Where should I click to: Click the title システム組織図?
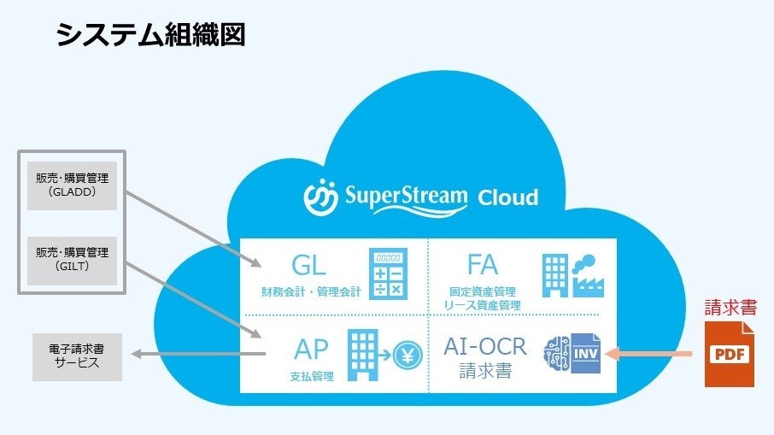tap(150, 35)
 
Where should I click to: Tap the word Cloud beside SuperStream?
tap(508, 197)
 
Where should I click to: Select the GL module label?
tap(308, 265)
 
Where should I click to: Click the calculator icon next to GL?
tap(388, 273)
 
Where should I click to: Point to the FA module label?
tap(483, 264)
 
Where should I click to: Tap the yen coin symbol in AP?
tap(407, 352)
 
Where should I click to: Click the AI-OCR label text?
tap(485, 346)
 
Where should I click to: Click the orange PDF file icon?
tap(730, 354)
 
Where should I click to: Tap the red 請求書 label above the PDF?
tap(730, 308)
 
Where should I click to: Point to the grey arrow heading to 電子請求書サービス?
tap(192, 353)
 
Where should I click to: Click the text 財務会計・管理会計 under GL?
tap(311, 292)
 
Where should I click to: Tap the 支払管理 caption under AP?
tap(311, 376)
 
